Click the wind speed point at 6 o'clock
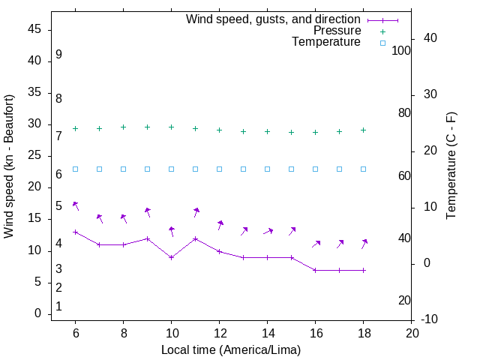click(x=75, y=232)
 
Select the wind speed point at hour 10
click(x=171, y=257)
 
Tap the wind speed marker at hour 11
click(x=195, y=238)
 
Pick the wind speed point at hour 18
click(x=363, y=270)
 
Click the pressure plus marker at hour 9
click(x=147, y=127)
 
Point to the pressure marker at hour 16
click(x=315, y=132)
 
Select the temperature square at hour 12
click(x=219, y=169)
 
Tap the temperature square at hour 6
click(x=75, y=169)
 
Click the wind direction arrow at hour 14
click(x=268, y=232)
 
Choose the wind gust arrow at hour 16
click(x=316, y=244)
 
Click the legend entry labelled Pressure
click(x=337, y=31)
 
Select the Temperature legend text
click(x=326, y=43)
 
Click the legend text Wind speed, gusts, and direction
click(x=273, y=19)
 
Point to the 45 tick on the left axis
click(x=34, y=30)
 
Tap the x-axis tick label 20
click(x=411, y=333)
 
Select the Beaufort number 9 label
click(x=58, y=55)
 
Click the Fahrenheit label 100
click(x=401, y=50)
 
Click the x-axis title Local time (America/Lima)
click(x=231, y=349)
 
